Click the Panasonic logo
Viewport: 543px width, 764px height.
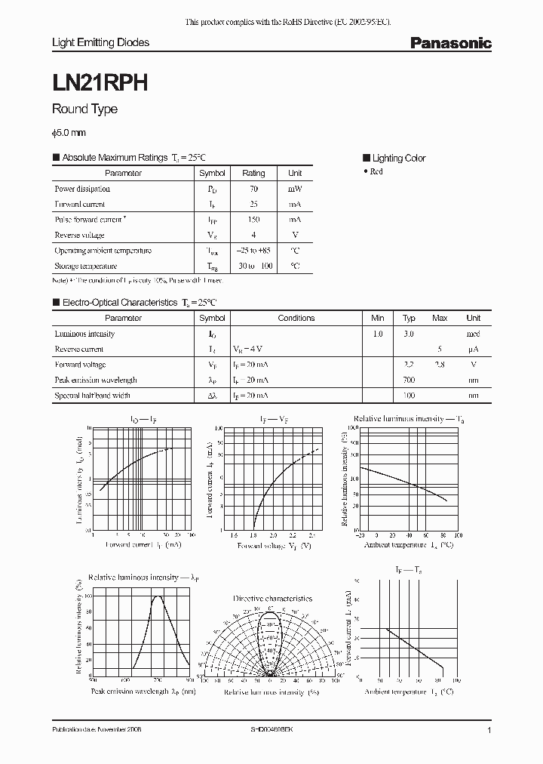[x=450, y=44]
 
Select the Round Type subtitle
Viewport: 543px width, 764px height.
[x=84, y=109]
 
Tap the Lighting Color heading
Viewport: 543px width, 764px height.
[x=398, y=158]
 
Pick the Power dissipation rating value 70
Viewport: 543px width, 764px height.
[x=253, y=189]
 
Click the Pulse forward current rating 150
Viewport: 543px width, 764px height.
[x=253, y=220]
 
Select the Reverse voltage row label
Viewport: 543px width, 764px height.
[x=79, y=235]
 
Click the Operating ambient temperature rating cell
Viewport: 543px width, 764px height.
[x=253, y=251]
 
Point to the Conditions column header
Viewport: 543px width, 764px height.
[x=296, y=318]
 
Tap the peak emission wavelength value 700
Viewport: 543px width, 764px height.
[x=409, y=380]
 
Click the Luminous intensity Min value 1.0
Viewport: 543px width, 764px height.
[x=378, y=334]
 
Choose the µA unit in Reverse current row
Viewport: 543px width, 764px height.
[x=473, y=349]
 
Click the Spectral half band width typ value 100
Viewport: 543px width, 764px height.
[x=409, y=395]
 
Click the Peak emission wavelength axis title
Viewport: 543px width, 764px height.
[x=143, y=691]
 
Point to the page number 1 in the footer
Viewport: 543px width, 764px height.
[x=489, y=731]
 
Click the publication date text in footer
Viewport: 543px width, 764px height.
[x=97, y=731]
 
